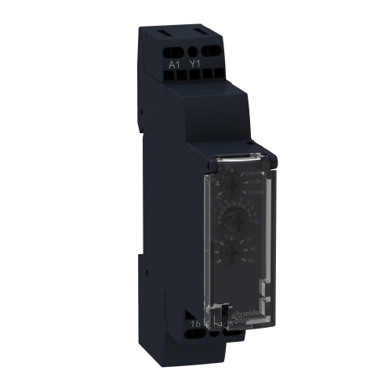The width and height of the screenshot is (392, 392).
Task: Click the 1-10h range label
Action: (x=252, y=180)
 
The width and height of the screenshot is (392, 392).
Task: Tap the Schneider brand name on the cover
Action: (x=267, y=311)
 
